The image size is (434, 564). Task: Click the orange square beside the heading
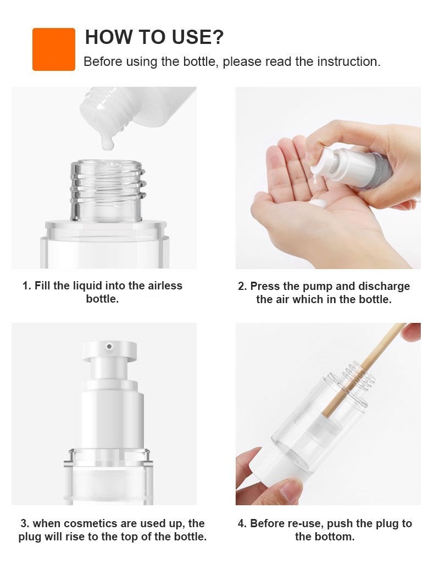(x=54, y=49)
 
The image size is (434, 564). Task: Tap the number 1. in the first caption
(x=27, y=286)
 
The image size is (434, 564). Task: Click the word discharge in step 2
(x=384, y=286)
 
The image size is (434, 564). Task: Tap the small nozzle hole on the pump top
(x=109, y=347)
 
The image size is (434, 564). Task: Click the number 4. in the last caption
(x=242, y=523)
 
